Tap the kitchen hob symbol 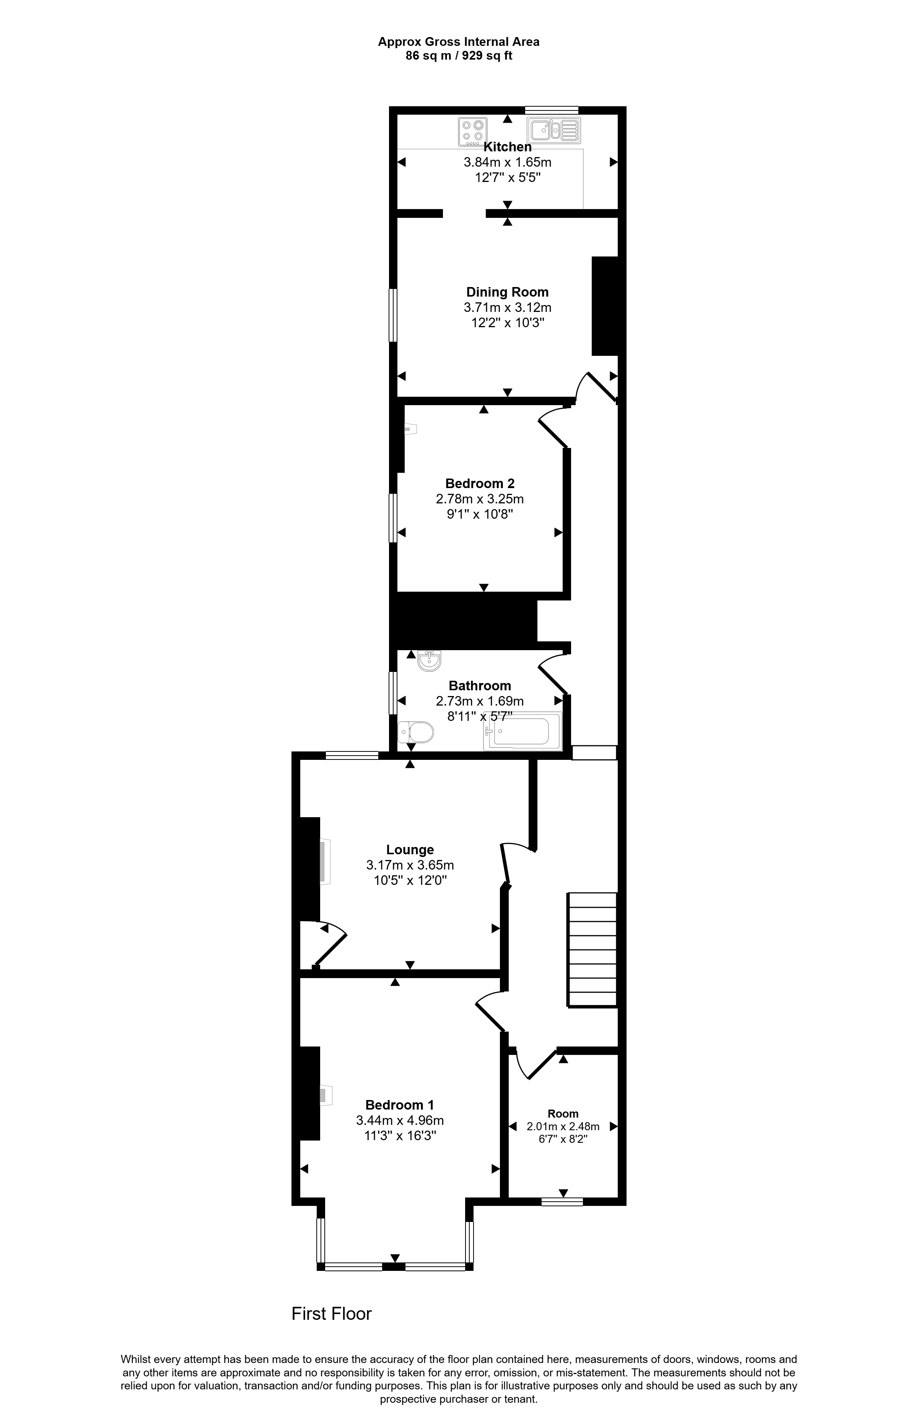tap(473, 131)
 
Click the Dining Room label tap(507, 292)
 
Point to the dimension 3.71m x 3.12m tap(507, 307)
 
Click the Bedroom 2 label tap(480, 483)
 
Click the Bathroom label tap(480, 686)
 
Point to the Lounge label tap(410, 850)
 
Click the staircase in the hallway tap(592, 950)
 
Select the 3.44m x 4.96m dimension tap(400, 1120)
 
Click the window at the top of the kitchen tap(552, 110)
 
